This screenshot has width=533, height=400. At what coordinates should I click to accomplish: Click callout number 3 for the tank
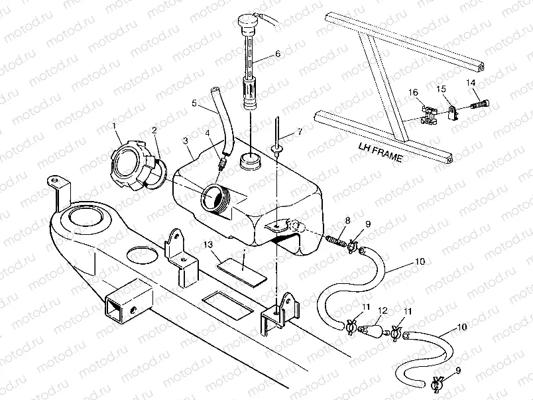(x=186, y=141)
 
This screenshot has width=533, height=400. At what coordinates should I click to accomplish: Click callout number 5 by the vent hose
(x=195, y=103)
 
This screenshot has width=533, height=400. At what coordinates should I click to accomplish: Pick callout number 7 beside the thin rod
(x=300, y=132)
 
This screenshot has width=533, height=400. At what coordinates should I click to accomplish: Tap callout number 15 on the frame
(x=441, y=88)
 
